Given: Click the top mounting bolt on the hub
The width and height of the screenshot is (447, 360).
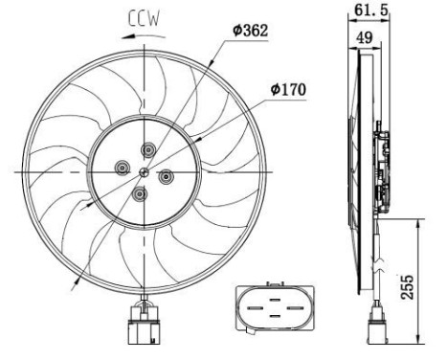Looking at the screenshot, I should pyautogui.click(x=149, y=149).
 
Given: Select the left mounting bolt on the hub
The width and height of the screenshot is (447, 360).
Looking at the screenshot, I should pyautogui.click(x=122, y=169).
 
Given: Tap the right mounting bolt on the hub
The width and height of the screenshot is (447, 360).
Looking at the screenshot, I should pyautogui.click(x=165, y=175).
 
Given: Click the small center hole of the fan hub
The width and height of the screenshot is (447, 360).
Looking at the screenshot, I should pyautogui.click(x=143, y=172).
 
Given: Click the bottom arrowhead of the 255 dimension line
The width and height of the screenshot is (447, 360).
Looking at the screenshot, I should pyautogui.click(x=419, y=341).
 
